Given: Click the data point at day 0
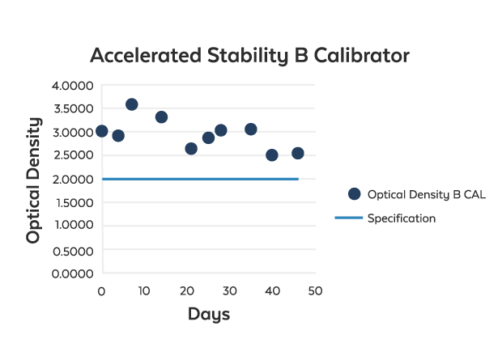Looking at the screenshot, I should tap(101, 131).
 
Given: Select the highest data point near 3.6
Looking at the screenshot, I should tap(131, 104).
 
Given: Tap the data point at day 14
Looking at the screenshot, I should tap(161, 117).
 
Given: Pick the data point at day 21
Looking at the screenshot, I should tap(191, 149).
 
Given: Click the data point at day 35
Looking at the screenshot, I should tap(251, 129).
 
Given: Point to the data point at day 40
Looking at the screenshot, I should tap(272, 155).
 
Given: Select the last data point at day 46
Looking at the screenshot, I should tap(298, 154).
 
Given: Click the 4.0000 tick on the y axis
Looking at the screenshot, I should tap(73, 86).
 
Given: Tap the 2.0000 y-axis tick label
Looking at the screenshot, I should tap(73, 180).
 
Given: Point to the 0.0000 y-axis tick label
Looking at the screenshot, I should tap(73, 273).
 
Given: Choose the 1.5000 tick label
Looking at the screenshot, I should tap(73, 203).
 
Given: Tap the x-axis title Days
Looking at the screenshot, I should tap(209, 314).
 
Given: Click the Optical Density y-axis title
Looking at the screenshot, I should tap(33, 180).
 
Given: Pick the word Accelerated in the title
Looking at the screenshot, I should tap(146, 56).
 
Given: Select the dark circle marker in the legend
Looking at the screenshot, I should tap(353, 194).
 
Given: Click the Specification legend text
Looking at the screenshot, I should tap(402, 218).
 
